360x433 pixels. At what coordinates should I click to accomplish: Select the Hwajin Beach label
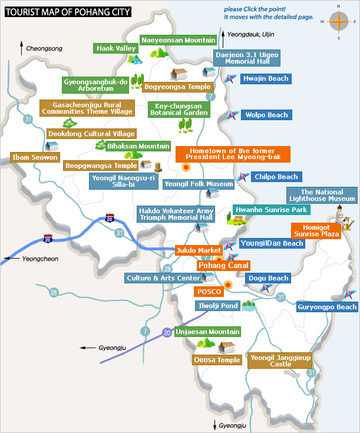coord(265,78)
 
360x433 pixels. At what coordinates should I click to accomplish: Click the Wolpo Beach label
coord(266,115)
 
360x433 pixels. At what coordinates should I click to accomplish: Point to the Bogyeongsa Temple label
coord(177,87)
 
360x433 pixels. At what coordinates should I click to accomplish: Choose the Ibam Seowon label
coord(35,157)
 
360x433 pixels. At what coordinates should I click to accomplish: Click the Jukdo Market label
coord(198,250)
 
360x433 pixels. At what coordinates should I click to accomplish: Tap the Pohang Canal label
coord(223,265)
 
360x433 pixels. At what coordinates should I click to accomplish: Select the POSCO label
coord(209,292)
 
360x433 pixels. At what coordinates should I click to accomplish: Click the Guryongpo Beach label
coord(327,307)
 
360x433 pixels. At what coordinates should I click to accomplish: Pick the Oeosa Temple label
coord(217,360)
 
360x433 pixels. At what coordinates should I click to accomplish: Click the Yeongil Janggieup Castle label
coord(280,361)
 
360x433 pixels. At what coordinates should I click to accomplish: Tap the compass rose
coord(338,21)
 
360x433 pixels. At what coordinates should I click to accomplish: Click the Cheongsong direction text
coord(44,48)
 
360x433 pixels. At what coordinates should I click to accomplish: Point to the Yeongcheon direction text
coord(40,259)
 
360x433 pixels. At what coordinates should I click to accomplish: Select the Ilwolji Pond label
coord(217,306)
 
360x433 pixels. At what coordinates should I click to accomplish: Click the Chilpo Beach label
coord(276,177)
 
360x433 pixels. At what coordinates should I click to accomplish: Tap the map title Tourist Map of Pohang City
coord(68,11)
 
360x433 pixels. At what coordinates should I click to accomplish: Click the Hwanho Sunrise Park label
coord(271,209)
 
